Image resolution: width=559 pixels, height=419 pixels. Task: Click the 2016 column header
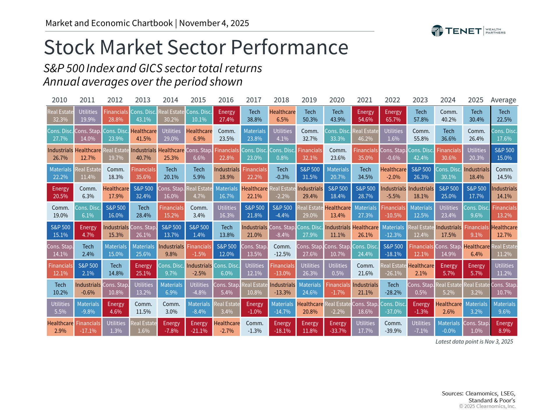[x=226, y=100]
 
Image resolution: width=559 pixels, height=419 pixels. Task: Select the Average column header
[x=503, y=100]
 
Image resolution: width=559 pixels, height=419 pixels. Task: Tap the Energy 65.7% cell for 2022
[x=393, y=116]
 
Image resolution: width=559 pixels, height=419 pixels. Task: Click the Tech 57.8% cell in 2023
[x=421, y=116]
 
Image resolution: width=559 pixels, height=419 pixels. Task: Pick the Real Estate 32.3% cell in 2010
[x=60, y=116]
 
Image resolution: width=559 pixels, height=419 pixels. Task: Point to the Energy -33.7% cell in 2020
[x=338, y=327]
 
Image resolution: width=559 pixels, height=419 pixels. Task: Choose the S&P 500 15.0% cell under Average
[x=504, y=154]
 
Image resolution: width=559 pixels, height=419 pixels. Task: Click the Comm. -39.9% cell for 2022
[x=393, y=327]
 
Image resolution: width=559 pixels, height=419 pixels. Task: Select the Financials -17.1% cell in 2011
[x=88, y=327]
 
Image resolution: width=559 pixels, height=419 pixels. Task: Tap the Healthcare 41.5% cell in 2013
[x=144, y=135]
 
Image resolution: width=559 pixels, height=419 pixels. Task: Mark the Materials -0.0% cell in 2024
[x=449, y=327]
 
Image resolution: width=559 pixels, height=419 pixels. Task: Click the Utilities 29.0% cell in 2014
[x=171, y=135]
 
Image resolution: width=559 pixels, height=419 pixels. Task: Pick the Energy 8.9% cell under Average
[x=504, y=327]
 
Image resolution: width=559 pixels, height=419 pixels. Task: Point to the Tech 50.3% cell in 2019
[x=310, y=116]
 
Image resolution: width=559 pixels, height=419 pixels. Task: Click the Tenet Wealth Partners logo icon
[x=437, y=31]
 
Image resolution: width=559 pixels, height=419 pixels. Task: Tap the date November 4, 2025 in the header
[x=214, y=23]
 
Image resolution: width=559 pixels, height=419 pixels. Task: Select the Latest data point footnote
[x=474, y=342]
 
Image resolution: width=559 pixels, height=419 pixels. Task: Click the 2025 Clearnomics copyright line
[x=487, y=406]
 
